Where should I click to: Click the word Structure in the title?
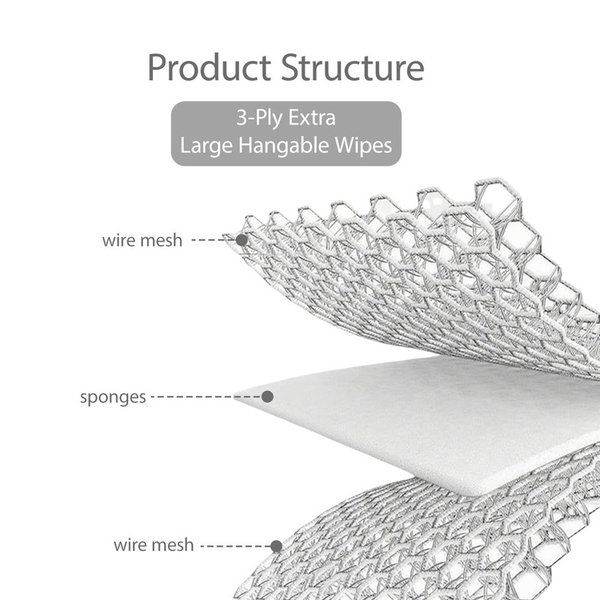click(x=352, y=67)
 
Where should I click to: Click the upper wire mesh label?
click(x=142, y=241)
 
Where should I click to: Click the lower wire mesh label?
click(x=153, y=544)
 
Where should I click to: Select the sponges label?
click(x=112, y=397)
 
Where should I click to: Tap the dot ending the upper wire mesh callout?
click(x=241, y=240)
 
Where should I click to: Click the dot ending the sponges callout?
click(x=266, y=396)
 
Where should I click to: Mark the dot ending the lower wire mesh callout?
click(x=276, y=546)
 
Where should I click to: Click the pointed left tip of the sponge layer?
click(x=238, y=397)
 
